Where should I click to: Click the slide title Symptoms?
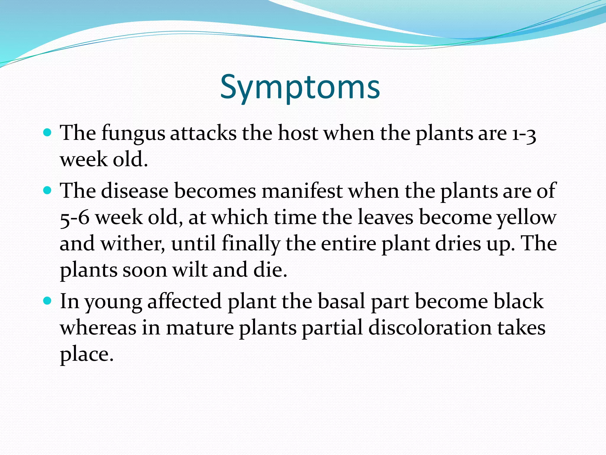(300, 87)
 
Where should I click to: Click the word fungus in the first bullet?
(133, 133)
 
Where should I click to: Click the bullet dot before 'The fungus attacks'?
(47, 132)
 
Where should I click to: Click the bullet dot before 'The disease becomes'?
(47, 190)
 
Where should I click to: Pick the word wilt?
(190, 270)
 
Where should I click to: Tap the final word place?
(86, 354)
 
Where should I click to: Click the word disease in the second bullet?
(135, 191)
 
